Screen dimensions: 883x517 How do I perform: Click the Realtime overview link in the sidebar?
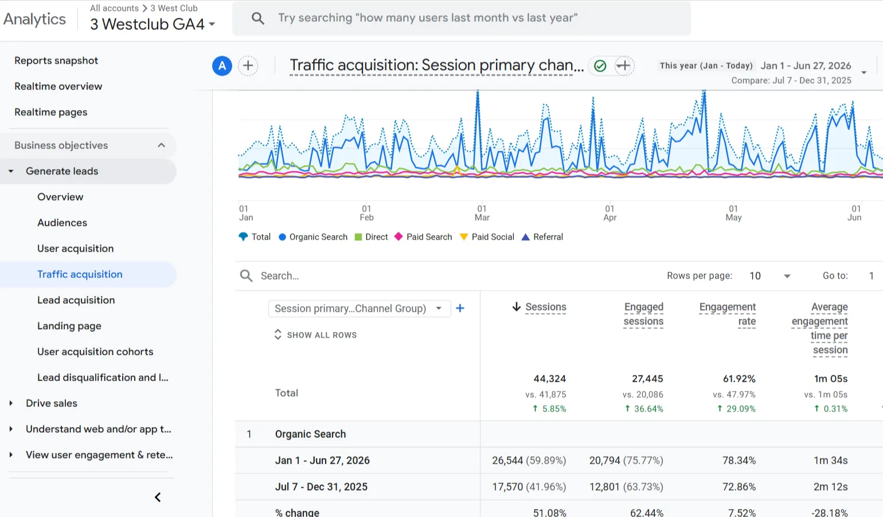point(58,87)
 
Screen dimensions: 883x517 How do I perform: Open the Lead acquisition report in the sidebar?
point(76,300)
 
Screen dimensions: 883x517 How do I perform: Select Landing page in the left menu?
point(69,326)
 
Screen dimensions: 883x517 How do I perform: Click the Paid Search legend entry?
point(423,237)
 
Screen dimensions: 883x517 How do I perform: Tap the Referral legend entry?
point(542,237)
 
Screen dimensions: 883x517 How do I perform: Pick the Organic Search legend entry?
point(313,237)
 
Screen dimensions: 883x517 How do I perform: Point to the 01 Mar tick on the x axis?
point(482,213)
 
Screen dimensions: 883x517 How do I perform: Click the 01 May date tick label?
point(733,213)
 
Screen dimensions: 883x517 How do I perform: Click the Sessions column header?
point(546,307)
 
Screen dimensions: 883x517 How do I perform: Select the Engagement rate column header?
point(728,314)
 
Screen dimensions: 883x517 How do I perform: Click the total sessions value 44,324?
point(549,379)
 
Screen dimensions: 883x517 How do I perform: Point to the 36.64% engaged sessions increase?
point(644,409)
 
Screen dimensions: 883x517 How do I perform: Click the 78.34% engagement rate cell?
point(739,460)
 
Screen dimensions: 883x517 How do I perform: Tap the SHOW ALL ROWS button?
point(315,335)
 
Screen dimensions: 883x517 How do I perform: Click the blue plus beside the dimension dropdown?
point(460,308)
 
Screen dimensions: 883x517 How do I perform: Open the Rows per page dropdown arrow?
point(787,276)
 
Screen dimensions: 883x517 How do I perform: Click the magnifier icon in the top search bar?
point(258,18)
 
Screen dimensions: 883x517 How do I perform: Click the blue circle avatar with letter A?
point(222,66)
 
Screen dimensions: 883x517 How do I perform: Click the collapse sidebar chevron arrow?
point(158,498)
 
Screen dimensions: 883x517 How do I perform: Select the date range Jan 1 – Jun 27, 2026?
point(806,65)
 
